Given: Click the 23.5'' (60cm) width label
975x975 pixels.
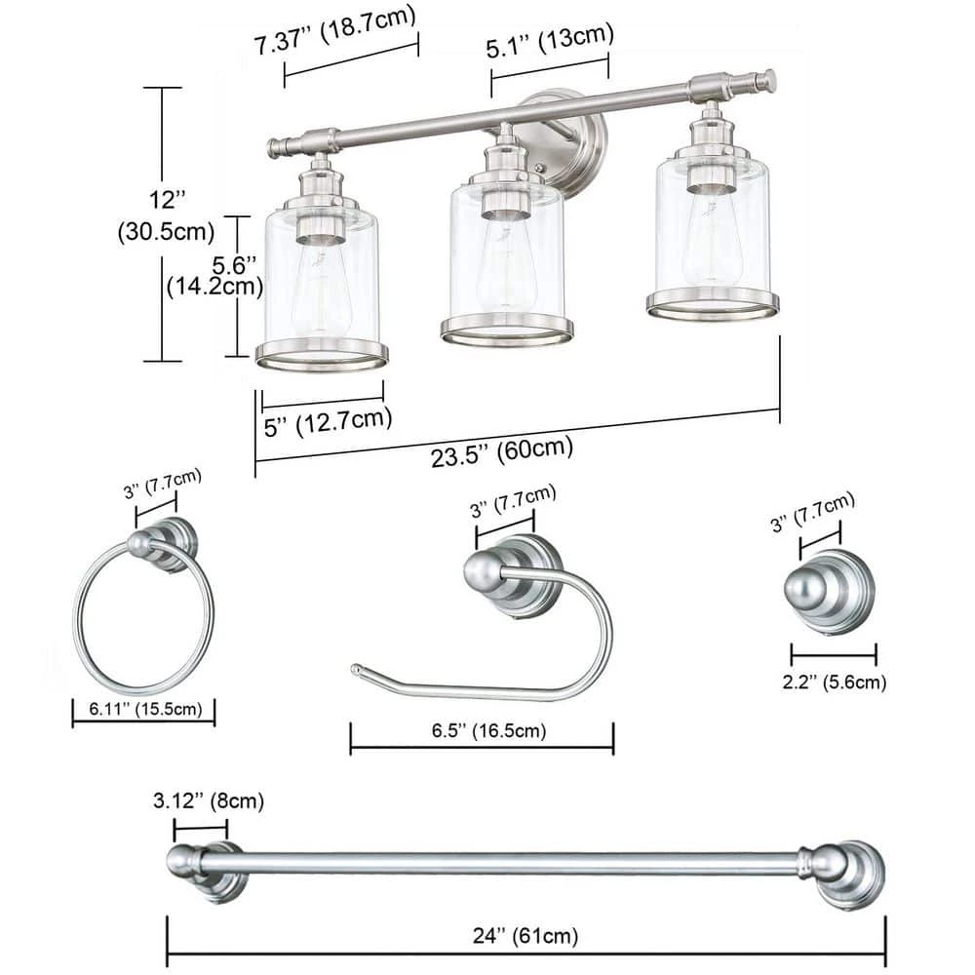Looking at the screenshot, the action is tap(502, 450).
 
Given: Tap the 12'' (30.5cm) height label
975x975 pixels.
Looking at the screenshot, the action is tap(166, 215).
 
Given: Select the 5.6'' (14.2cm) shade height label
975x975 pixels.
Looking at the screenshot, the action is tap(215, 276).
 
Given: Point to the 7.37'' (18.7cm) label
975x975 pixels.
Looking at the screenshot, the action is tap(334, 31).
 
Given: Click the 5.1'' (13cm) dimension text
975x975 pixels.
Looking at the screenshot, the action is tap(550, 41).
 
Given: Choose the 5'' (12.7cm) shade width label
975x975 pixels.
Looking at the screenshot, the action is tap(328, 422).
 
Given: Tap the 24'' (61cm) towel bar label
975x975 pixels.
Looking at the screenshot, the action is tap(526, 936).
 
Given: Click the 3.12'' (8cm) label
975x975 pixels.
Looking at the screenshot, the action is tap(209, 800).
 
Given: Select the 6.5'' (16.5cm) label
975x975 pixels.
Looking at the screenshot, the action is tap(488, 730).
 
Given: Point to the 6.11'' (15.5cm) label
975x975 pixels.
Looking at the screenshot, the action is tap(145, 709).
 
